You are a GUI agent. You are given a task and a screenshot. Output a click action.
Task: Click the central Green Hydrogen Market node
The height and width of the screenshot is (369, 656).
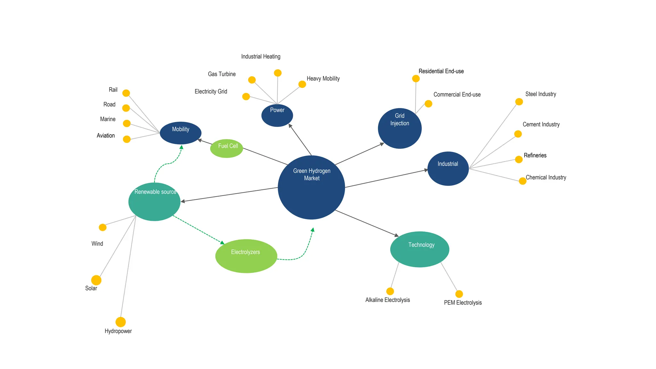311,187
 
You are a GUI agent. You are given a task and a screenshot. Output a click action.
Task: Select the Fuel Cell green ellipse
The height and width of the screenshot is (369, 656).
226,148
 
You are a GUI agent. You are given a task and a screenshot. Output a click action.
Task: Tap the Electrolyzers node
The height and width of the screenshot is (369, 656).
246,256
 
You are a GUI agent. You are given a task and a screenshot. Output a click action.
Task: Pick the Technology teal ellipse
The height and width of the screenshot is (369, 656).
420,249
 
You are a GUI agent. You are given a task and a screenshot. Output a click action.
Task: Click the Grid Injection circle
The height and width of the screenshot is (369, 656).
399,128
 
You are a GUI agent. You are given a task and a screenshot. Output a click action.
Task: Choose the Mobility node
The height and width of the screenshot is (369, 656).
180,133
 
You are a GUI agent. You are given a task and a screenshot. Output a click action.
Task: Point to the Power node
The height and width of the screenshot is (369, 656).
277,115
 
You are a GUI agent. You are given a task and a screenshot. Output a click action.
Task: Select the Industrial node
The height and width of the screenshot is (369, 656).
448,168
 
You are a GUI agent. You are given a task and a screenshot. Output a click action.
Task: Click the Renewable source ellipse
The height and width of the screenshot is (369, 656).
154,201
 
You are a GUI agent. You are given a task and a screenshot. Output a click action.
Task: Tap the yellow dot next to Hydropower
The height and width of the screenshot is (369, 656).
120,322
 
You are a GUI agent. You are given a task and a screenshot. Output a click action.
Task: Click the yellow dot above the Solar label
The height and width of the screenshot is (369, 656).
96,280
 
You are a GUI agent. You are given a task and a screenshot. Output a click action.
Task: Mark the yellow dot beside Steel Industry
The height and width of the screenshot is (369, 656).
519,102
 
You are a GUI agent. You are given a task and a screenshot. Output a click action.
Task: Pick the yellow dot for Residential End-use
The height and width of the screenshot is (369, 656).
416,78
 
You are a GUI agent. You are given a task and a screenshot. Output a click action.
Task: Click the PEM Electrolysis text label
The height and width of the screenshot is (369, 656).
463,303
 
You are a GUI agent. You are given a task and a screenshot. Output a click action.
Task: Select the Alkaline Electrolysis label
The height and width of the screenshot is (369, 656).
388,300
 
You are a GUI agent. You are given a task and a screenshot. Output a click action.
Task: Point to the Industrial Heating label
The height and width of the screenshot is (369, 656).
260,57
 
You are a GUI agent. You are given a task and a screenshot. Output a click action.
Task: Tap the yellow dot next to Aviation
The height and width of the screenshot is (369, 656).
127,139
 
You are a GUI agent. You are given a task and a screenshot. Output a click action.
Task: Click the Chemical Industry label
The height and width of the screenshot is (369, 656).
546,177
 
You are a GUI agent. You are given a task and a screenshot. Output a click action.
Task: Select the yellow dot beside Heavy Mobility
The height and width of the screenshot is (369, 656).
302,84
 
